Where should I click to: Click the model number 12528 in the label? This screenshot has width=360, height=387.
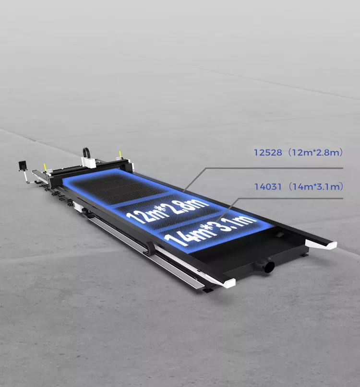[x=268, y=152]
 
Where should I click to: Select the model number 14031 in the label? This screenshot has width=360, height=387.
[x=268, y=187]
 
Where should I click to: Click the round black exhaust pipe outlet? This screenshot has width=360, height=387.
[x=269, y=267]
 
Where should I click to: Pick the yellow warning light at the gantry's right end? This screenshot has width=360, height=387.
[x=120, y=153]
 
